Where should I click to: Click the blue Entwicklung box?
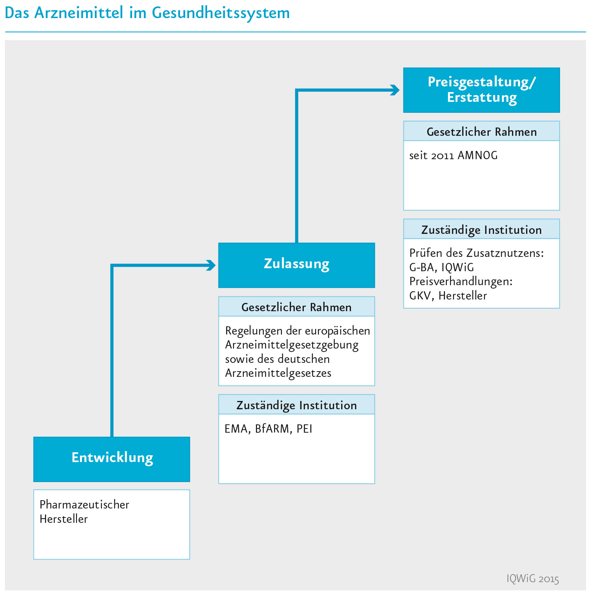[112, 459]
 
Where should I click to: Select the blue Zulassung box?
[297, 265]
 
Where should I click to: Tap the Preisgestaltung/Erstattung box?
[482, 90]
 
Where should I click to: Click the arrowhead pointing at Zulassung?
[211, 265]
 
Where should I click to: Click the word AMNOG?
[477, 155]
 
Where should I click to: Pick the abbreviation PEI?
[305, 429]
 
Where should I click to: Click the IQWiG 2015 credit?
[533, 579]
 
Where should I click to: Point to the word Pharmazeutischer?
[85, 504]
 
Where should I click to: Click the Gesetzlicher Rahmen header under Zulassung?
[297, 307]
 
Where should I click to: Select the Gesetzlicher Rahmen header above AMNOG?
[482, 132]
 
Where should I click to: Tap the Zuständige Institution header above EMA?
[297, 405]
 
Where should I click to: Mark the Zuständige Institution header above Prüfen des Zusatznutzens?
[482, 230]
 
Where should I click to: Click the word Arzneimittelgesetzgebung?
[292, 345]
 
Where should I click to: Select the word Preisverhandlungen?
[461, 281]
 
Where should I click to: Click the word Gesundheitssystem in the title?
[221, 13]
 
